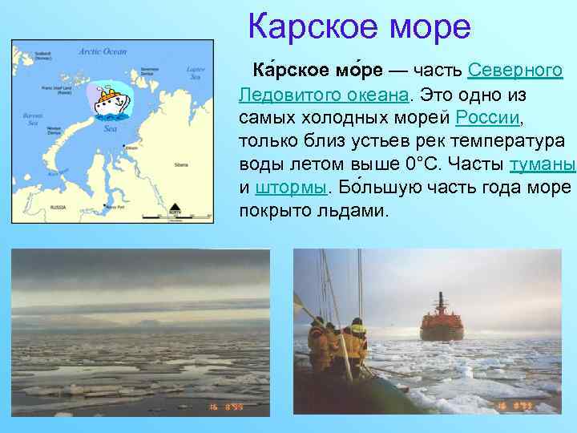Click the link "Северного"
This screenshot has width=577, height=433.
514,71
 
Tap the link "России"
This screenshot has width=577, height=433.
487,118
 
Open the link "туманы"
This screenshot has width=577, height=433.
543,164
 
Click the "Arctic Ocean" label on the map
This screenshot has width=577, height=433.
103,51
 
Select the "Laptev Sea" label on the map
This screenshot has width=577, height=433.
196,73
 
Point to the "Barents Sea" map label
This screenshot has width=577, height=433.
33,119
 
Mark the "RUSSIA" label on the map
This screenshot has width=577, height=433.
58,206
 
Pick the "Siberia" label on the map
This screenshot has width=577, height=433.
180,164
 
